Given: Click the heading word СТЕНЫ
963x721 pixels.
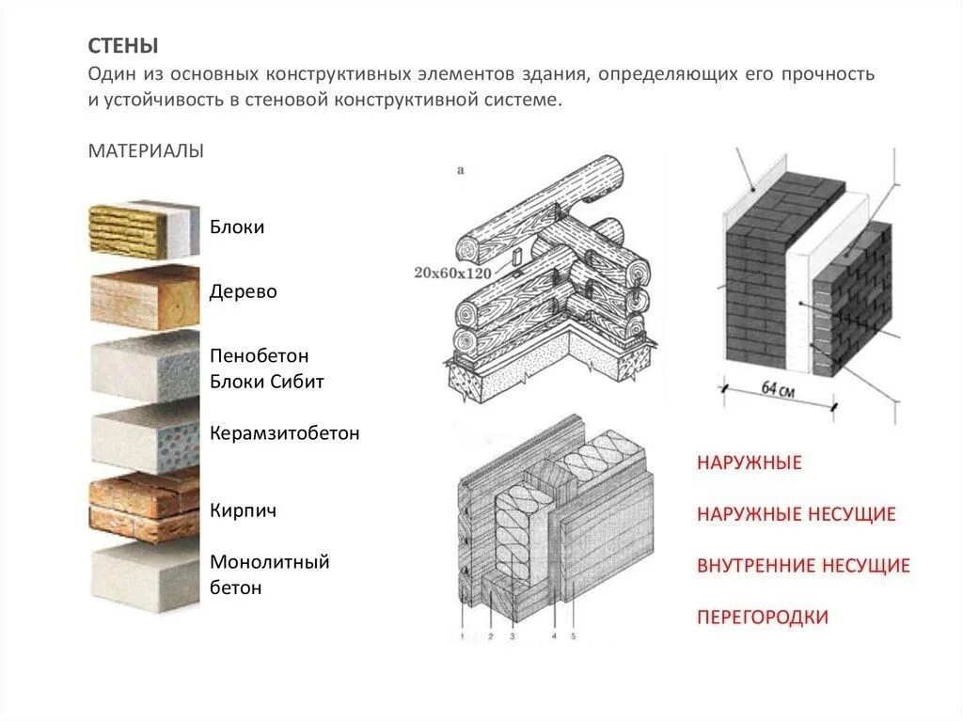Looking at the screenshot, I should pos(123,46).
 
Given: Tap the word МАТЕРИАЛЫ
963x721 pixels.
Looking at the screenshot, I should pos(146,151).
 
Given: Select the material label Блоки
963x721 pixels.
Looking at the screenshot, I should pos(237,227).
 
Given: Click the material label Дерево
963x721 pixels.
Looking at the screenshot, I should pos(244,292).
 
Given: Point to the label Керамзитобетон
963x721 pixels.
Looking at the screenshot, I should pos(285,434).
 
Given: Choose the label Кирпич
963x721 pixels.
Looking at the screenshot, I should pos(243,511).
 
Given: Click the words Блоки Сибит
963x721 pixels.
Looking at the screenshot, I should pos(267,382).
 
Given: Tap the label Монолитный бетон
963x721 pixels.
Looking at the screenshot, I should pos(270,575).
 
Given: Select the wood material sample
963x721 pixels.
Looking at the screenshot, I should pos(143,296).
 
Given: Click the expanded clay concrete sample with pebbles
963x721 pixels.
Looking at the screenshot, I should pos(143,440).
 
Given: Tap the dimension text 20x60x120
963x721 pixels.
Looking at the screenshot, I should pos(452,274).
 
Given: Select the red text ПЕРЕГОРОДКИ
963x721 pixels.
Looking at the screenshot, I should pos(763,618).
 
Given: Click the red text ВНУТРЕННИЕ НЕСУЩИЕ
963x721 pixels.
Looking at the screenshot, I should pos(803,566).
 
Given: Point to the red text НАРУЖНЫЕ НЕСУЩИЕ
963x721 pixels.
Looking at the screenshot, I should pos(796,514).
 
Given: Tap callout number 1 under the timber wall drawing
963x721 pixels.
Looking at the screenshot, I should pos(463,637).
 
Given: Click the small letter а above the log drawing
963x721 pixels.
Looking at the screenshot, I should pos(461,171).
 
